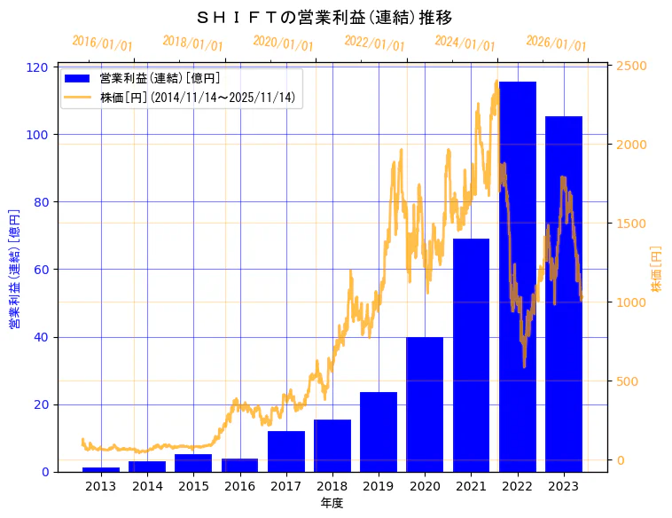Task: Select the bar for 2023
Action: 564,294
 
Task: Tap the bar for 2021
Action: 471,355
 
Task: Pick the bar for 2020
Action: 425,404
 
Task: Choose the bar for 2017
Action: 285,451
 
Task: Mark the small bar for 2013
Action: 101,469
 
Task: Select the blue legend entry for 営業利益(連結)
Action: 160,78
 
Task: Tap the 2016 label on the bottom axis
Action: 239,486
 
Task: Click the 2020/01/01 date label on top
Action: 283,43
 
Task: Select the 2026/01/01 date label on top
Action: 556,43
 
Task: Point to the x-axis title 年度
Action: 332,503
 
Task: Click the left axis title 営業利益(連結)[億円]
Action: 14,270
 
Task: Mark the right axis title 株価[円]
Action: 657,270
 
